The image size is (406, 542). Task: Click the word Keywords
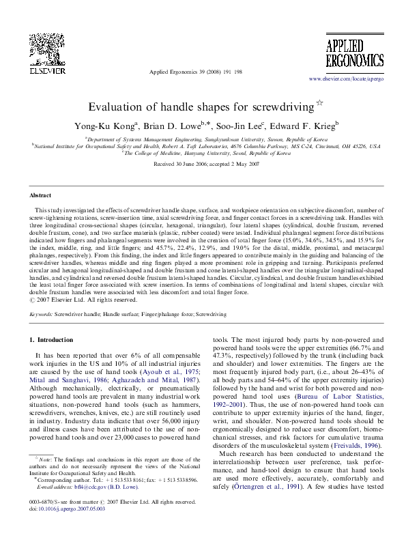pyautogui.click(x=43, y=315)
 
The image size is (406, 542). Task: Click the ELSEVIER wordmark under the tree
pyautogui.click(x=33, y=69)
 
